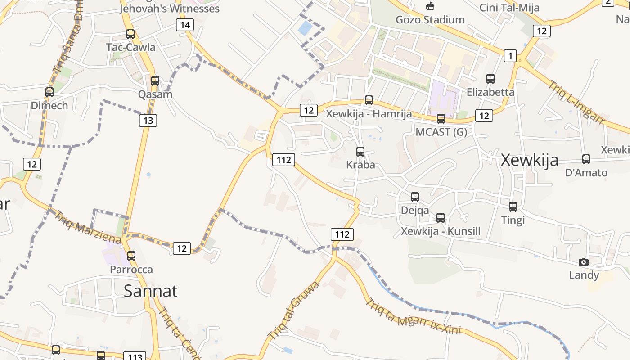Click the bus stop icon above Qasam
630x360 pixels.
[x=155, y=81]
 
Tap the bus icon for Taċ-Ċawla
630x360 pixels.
[x=130, y=34]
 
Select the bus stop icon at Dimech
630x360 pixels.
[x=49, y=92]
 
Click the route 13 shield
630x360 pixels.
[x=148, y=120]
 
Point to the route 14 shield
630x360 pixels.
[x=184, y=25]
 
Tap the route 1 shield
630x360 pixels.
[x=510, y=56]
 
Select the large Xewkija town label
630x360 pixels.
[x=529, y=160]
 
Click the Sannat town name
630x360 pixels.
[x=150, y=291]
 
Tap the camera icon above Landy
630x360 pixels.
[x=583, y=262]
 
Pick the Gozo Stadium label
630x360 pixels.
[x=430, y=19]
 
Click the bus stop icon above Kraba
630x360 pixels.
[x=360, y=151]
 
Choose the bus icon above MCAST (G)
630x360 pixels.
[x=441, y=119]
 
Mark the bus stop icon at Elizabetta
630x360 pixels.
[x=490, y=79]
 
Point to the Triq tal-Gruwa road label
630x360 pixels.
[x=293, y=310]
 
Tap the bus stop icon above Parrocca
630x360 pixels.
[x=131, y=256]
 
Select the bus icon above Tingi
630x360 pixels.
[x=513, y=207]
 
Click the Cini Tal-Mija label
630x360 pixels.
[x=509, y=8]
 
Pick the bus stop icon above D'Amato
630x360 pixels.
[x=586, y=159]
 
